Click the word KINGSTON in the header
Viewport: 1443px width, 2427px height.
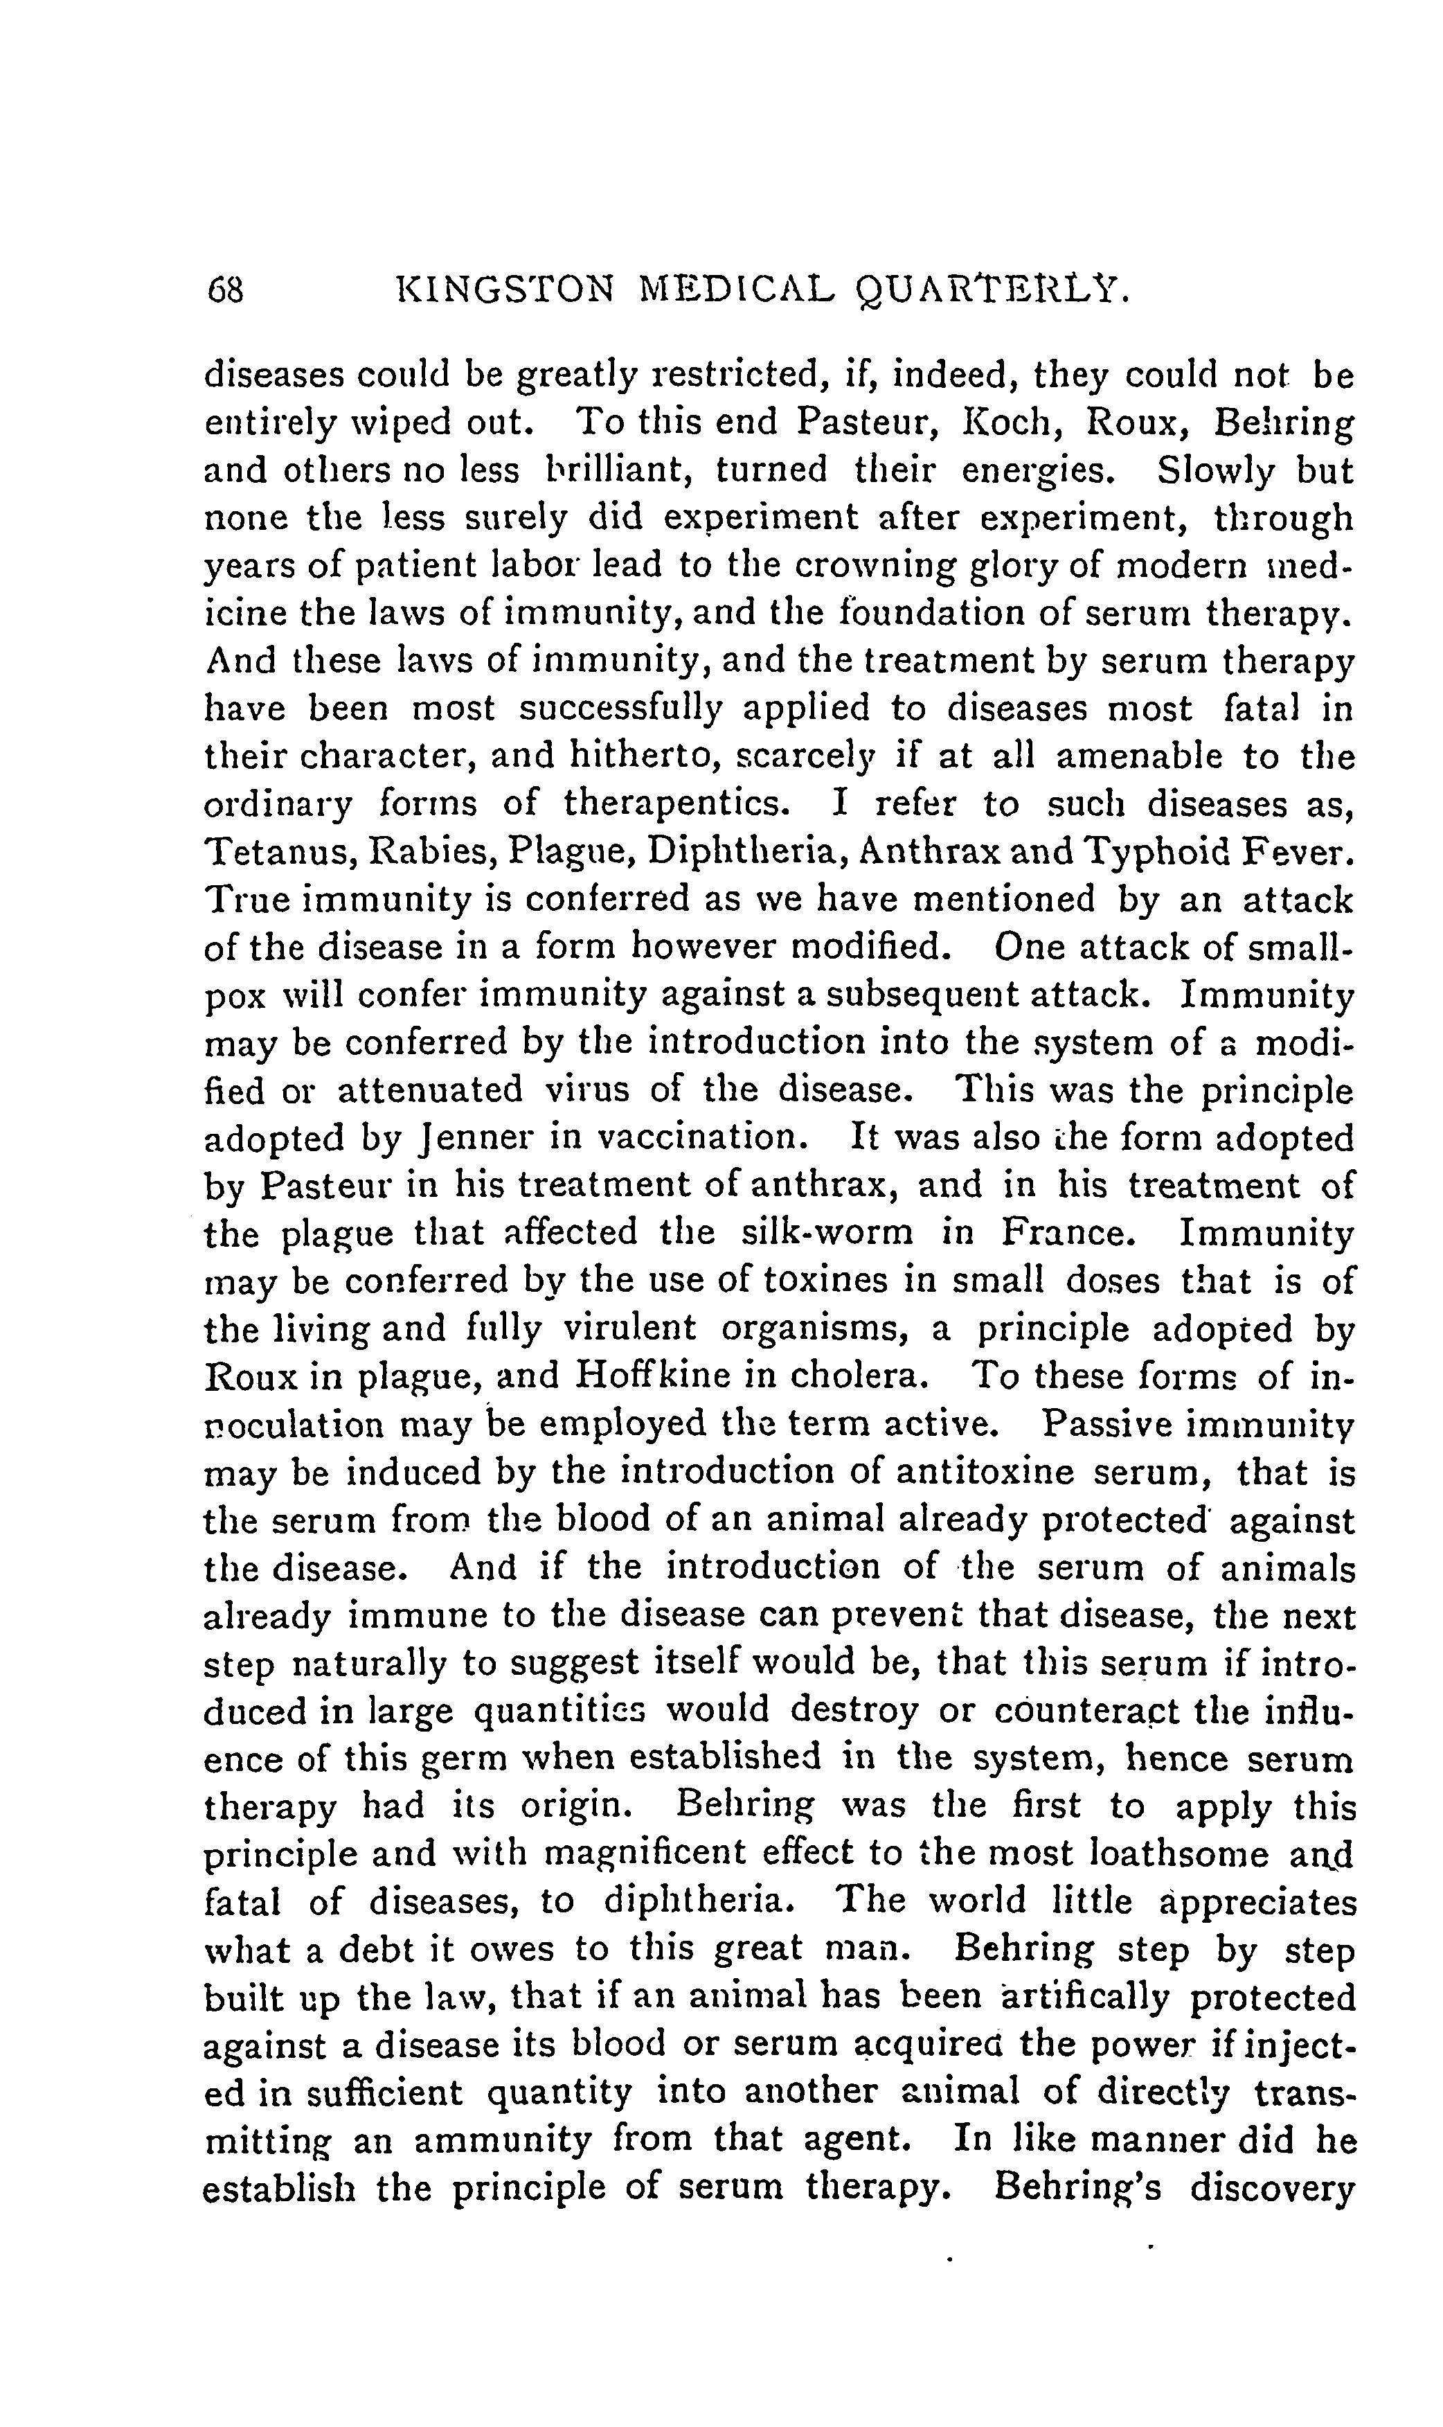(508, 290)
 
